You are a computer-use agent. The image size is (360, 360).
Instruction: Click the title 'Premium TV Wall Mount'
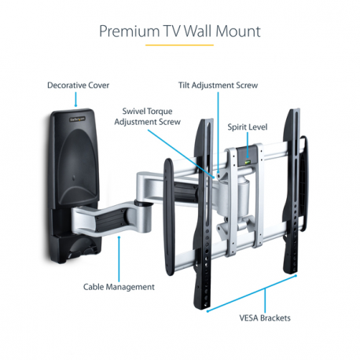click(x=179, y=31)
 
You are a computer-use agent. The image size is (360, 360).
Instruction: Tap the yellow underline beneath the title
click(x=179, y=46)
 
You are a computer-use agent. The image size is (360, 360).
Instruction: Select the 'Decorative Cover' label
click(x=78, y=85)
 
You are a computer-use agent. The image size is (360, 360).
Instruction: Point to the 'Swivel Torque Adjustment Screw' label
click(x=148, y=116)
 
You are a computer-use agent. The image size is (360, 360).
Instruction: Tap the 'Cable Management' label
click(x=119, y=286)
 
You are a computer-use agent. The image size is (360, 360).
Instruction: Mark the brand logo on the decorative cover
click(x=75, y=120)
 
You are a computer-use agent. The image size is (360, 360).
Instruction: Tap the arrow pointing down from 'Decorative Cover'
click(x=75, y=100)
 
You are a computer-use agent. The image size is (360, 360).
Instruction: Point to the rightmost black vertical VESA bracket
click(x=292, y=197)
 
